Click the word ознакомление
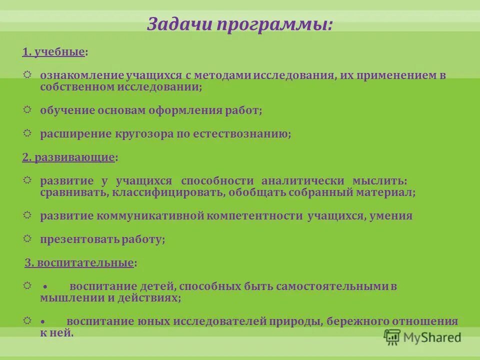click(81, 75)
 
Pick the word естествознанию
click(240, 134)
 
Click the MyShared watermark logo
click(422, 337)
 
